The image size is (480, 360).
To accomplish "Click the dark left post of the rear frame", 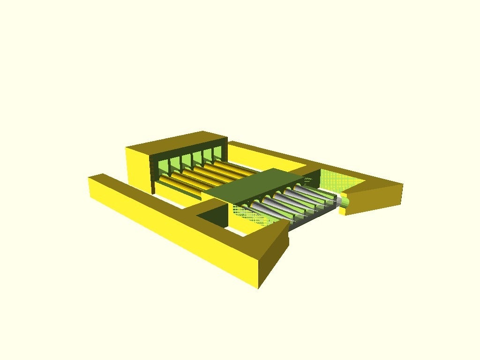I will click(x=152, y=173).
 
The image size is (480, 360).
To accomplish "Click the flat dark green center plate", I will click(x=253, y=185).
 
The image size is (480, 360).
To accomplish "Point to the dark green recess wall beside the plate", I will click(x=213, y=213).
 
